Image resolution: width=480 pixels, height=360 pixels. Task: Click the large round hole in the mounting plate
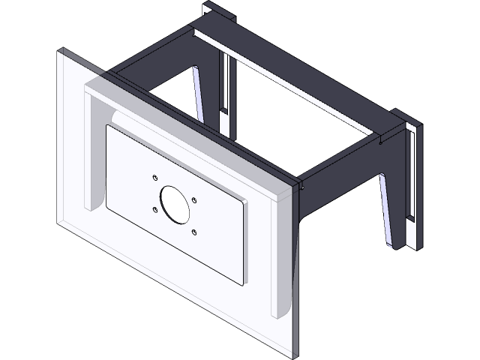[x=173, y=203]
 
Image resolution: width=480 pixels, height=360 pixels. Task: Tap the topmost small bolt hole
[x=154, y=178]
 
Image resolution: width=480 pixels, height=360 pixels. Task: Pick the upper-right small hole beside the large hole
[x=194, y=199]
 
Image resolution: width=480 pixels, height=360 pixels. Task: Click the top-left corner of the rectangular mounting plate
[x=107, y=126]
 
